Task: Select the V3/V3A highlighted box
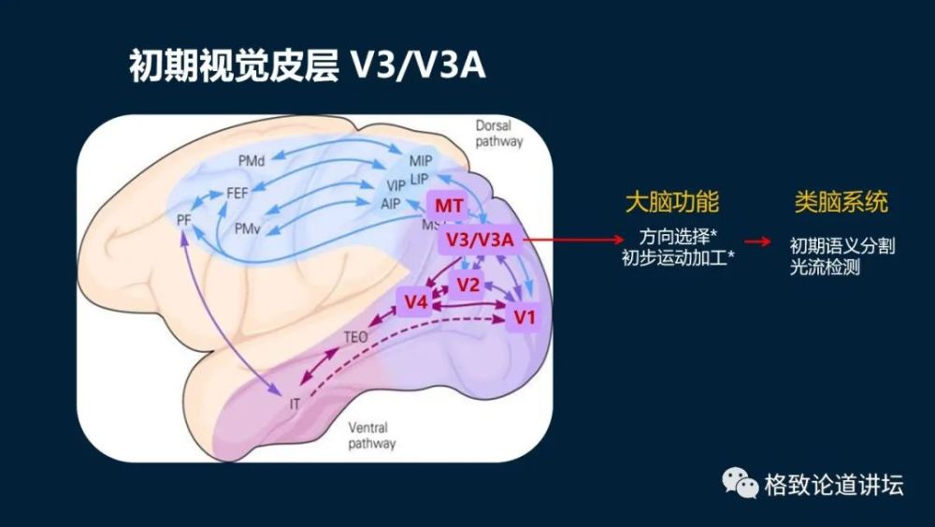(x=480, y=241)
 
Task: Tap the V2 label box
(x=468, y=284)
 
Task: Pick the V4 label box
(x=416, y=301)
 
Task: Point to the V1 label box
(x=525, y=318)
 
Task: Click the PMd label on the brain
(x=252, y=161)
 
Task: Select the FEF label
(x=237, y=193)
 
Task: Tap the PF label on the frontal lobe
(x=183, y=219)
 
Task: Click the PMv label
(x=247, y=227)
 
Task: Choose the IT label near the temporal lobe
(x=295, y=403)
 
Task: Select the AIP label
(x=391, y=203)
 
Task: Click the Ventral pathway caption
(x=371, y=435)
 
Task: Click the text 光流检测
(x=824, y=267)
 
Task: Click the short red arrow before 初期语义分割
(x=759, y=242)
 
